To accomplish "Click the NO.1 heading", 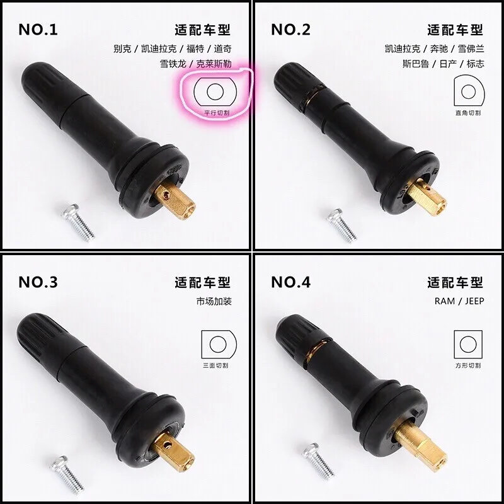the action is (x=38, y=30).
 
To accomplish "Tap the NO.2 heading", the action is (x=290, y=30).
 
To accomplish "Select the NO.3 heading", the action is (x=38, y=282).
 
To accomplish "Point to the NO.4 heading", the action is (x=290, y=282).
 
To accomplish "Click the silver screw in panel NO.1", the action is (x=78, y=222).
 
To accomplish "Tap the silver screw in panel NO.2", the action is (x=341, y=225).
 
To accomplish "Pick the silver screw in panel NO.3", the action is (x=67, y=474).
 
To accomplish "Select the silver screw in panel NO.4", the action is (x=318, y=461).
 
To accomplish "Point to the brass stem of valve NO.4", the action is (x=421, y=441).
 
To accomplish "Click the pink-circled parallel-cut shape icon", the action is (x=215, y=91).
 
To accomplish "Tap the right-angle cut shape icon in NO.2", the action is (x=469, y=91).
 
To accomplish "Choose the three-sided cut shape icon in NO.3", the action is (x=219, y=344).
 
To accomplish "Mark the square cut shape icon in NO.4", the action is (x=468, y=344).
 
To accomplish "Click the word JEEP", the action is (x=474, y=301).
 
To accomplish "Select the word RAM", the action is (x=445, y=301).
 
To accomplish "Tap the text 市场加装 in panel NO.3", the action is (x=214, y=301).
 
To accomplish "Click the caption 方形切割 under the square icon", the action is (x=468, y=365).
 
